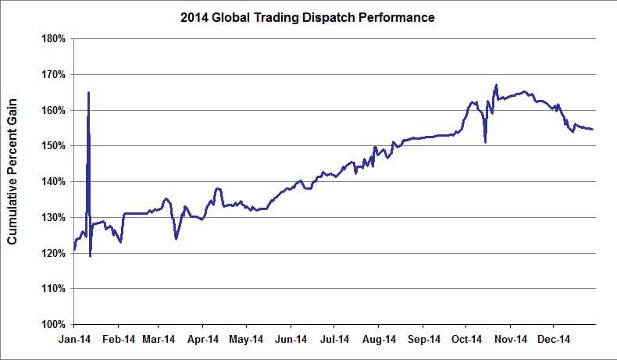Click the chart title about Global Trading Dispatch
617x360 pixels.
[308, 16]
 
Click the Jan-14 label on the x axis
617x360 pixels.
[74, 340]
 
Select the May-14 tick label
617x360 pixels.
[246, 340]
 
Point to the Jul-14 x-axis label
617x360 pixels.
[333, 340]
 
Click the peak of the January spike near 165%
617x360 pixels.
[88, 93]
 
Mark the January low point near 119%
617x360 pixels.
[91, 256]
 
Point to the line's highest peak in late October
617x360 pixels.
[496, 85]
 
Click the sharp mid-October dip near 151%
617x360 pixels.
[485, 142]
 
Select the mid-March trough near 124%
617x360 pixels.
[176, 238]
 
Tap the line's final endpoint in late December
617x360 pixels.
[592, 130]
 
